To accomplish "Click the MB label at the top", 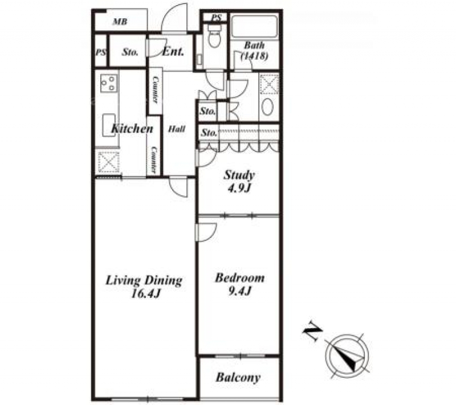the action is pyautogui.click(x=120, y=22).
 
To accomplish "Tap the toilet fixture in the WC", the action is pyautogui.click(x=215, y=35).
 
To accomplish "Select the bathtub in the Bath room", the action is pyautogui.click(x=254, y=26).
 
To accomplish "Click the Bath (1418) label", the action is pyautogui.click(x=254, y=51).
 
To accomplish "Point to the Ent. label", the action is pyautogui.click(x=173, y=51).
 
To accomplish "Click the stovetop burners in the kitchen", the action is pyautogui.click(x=109, y=83).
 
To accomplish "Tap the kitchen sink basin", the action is pyautogui.click(x=109, y=125).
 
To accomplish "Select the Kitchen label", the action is pyautogui.click(x=132, y=128).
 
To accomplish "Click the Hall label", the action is pyautogui.click(x=177, y=129).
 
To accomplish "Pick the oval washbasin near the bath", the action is pyautogui.click(x=267, y=107).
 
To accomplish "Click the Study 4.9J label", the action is pyautogui.click(x=239, y=182).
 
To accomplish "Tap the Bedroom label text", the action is pyautogui.click(x=239, y=278).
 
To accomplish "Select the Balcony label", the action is pyautogui.click(x=238, y=378).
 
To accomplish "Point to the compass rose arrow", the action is pyautogui.click(x=347, y=357).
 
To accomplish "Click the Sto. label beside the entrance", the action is pyautogui.click(x=130, y=52).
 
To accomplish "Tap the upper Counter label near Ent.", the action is pyautogui.click(x=156, y=89).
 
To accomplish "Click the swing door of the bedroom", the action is pyautogui.click(x=207, y=232).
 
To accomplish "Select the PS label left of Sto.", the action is pyautogui.click(x=101, y=53).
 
